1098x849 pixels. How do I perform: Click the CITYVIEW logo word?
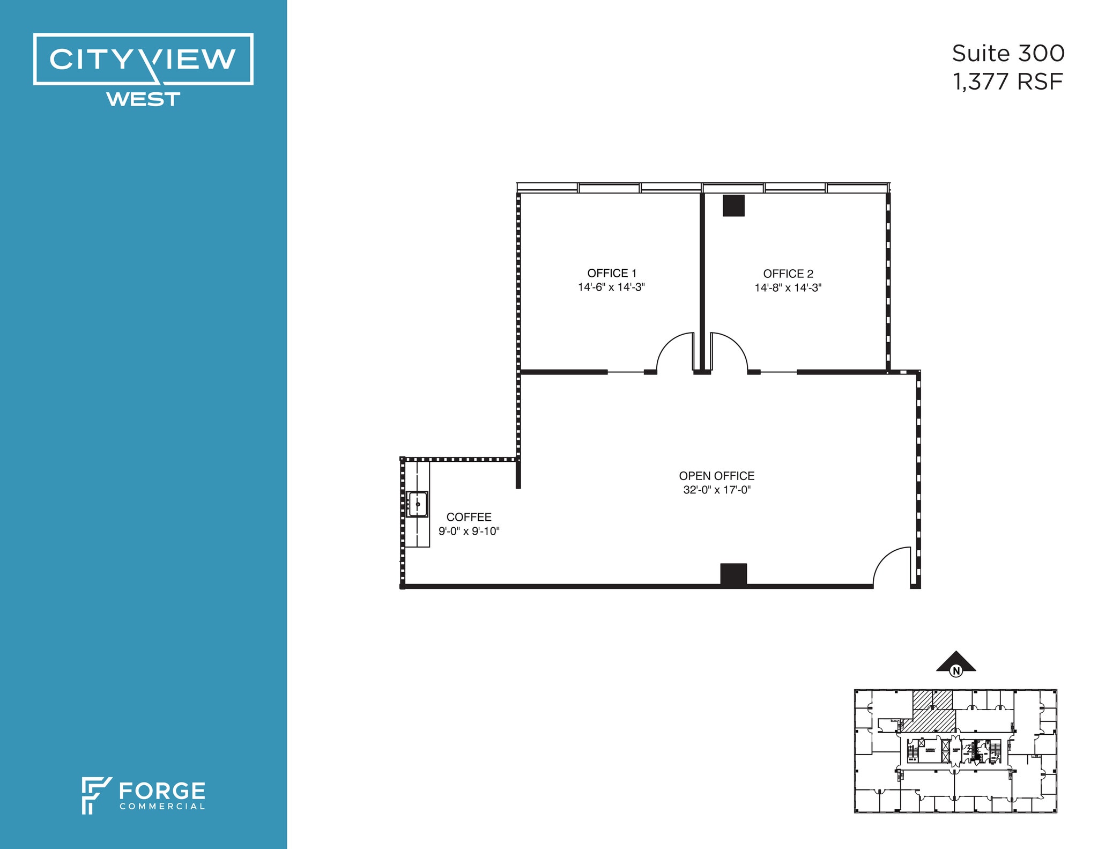(x=143, y=59)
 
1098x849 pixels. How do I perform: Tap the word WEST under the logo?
(x=143, y=100)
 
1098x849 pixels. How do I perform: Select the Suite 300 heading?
(x=1008, y=54)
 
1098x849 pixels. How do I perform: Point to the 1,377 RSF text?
(x=1007, y=82)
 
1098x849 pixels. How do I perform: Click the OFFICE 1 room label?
(x=612, y=273)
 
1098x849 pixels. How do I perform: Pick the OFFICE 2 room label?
(x=788, y=274)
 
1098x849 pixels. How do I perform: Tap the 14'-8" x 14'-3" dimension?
(x=788, y=287)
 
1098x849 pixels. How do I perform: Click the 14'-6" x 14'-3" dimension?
(x=611, y=287)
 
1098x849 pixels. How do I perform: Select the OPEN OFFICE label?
(x=716, y=476)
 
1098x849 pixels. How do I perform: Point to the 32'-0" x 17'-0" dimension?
(x=717, y=490)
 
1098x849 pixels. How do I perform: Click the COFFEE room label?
(x=469, y=517)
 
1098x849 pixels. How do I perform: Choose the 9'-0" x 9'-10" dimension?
(x=469, y=531)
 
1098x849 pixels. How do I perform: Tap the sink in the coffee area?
(x=417, y=504)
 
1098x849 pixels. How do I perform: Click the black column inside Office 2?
(x=733, y=205)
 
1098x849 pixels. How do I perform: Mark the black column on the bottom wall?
(x=733, y=574)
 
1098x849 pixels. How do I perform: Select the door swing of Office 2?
(x=728, y=351)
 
